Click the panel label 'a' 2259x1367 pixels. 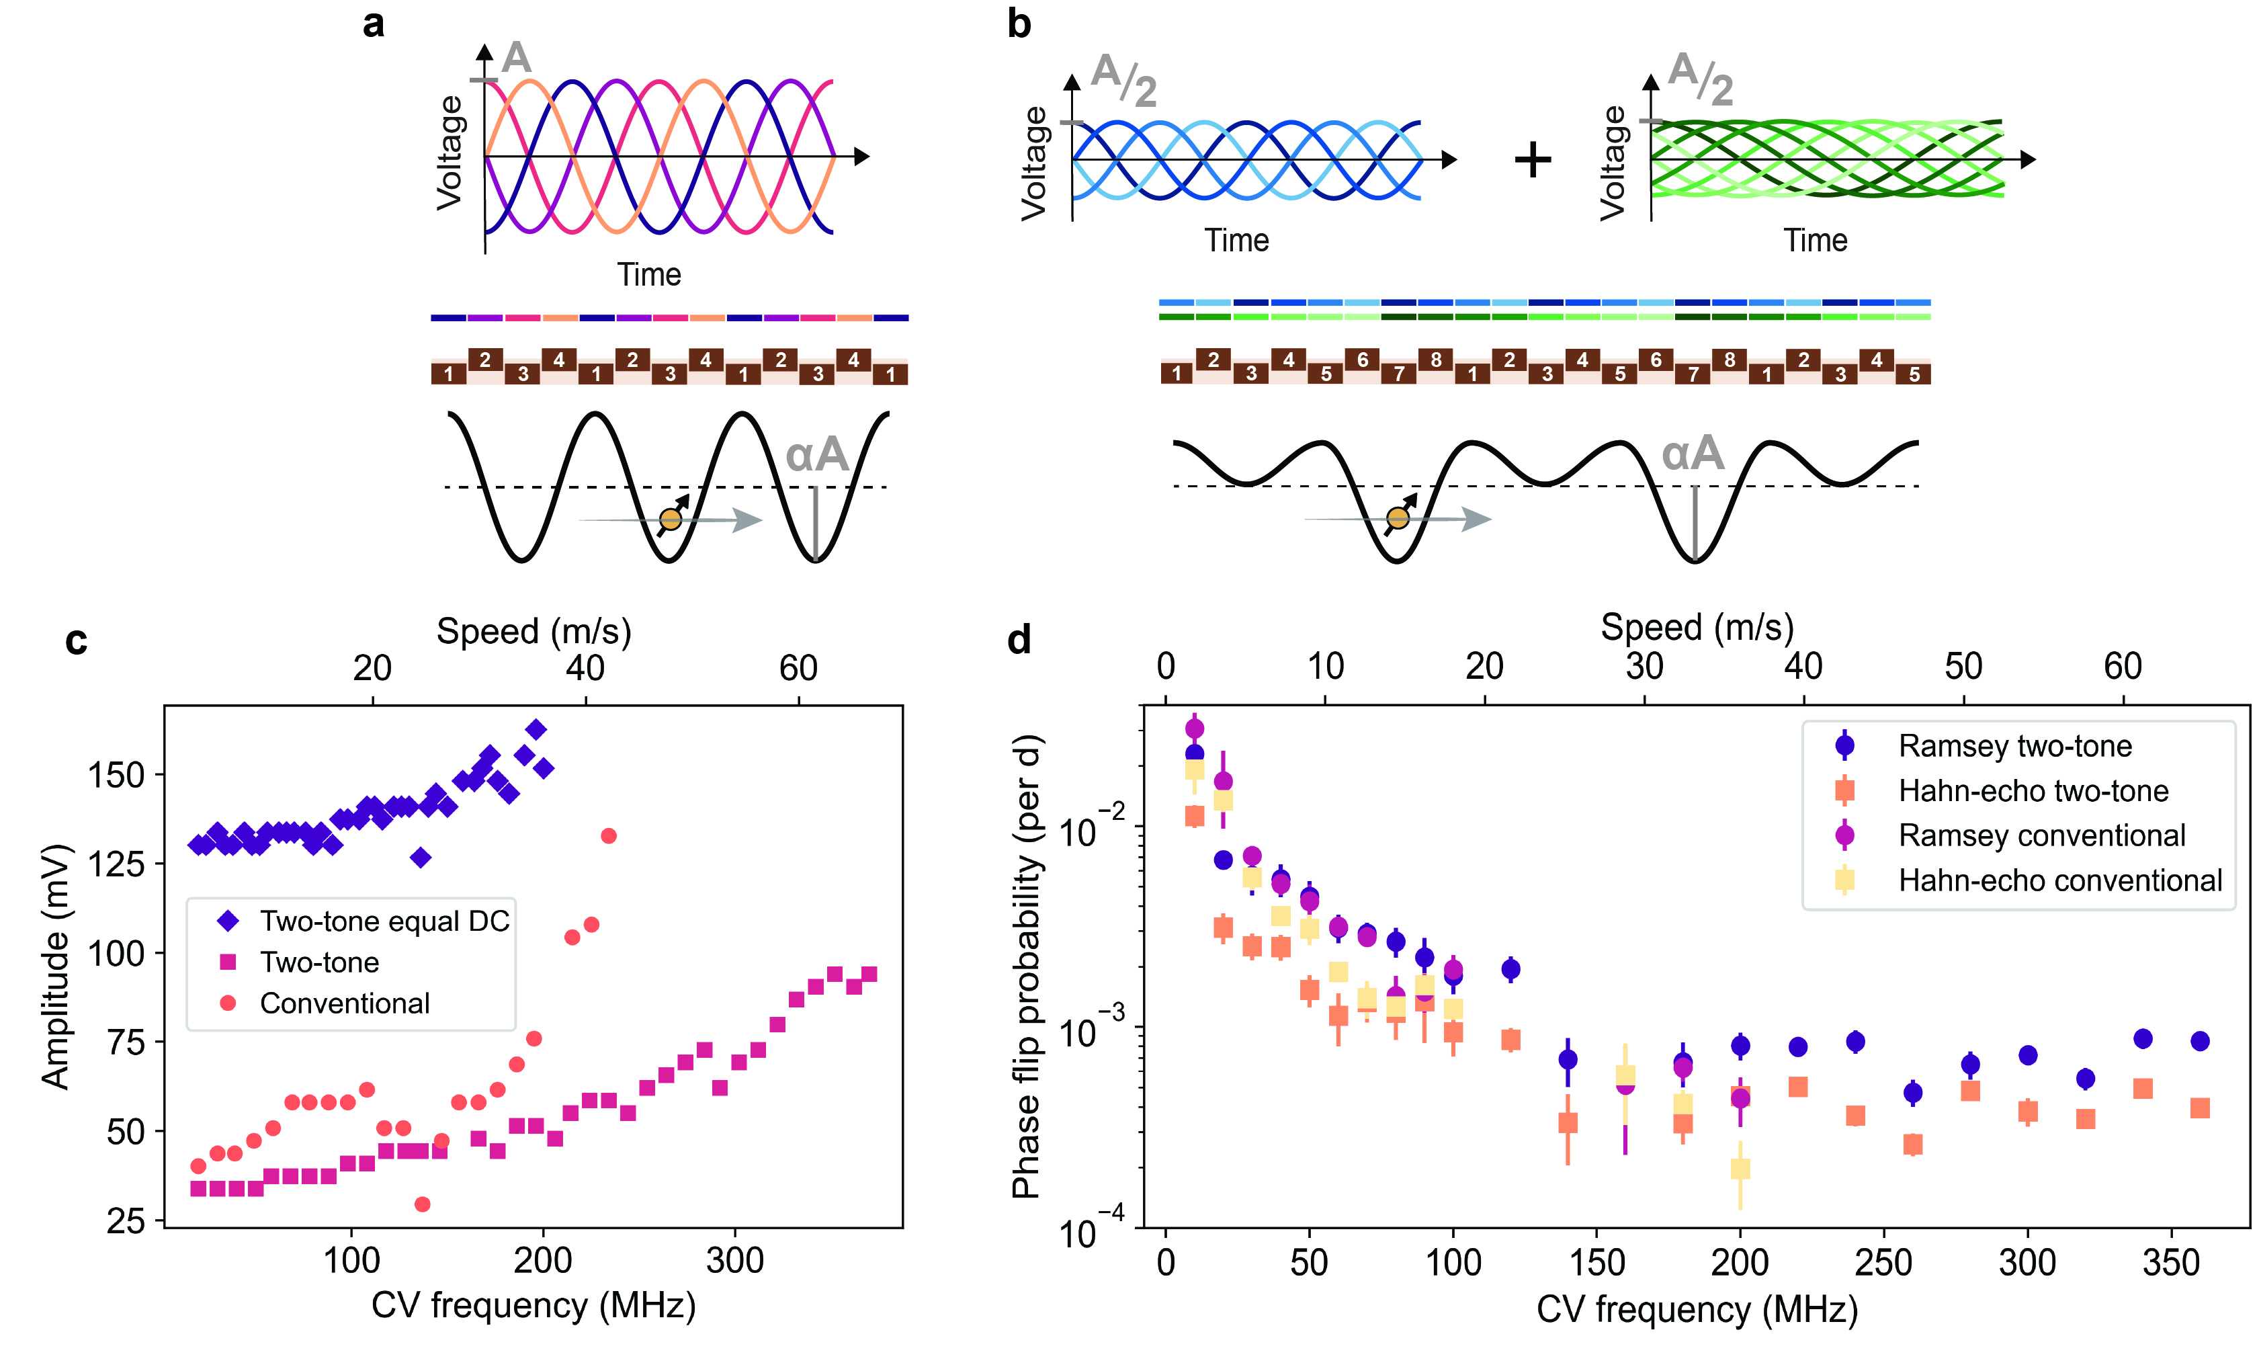(373, 24)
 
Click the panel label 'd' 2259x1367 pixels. (1019, 639)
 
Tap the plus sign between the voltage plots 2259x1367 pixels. (1532, 159)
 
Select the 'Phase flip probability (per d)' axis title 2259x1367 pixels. (1026, 966)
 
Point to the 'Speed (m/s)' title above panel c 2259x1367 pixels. (534, 632)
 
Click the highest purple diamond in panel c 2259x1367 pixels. (536, 730)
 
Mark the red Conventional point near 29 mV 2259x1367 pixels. (422, 1204)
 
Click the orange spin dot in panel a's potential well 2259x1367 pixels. (670, 520)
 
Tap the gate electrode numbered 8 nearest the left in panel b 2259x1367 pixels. (1436, 360)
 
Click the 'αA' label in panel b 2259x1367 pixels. (1693, 454)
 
